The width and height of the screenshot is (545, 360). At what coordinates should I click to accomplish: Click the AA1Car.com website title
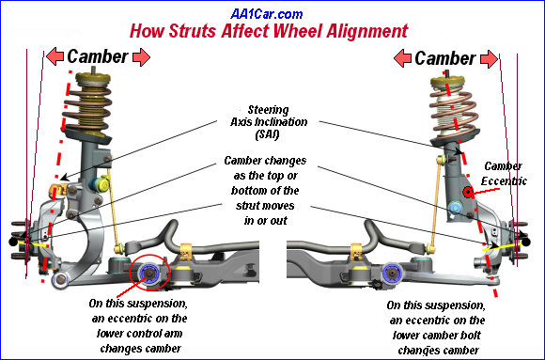(267, 14)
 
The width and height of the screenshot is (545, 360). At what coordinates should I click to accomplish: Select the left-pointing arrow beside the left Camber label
(54, 56)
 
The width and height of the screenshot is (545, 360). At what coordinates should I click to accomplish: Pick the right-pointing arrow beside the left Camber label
(141, 57)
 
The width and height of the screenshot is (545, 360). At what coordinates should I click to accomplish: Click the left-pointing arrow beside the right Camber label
(402, 58)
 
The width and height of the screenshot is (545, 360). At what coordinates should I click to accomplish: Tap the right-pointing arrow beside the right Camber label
(489, 59)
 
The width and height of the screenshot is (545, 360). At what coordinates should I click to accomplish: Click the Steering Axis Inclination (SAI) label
(269, 122)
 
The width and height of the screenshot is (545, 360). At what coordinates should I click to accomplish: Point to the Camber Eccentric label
(504, 174)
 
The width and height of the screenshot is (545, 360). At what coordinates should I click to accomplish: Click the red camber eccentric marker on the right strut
(468, 193)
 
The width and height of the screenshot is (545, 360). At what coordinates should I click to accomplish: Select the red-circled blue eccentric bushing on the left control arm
(149, 273)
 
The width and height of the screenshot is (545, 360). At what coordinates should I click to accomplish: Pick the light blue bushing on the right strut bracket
(455, 208)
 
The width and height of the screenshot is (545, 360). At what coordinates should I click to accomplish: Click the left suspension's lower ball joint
(60, 279)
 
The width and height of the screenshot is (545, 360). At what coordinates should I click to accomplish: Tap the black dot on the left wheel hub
(13, 242)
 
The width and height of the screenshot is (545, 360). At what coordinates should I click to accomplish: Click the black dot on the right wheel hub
(526, 242)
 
